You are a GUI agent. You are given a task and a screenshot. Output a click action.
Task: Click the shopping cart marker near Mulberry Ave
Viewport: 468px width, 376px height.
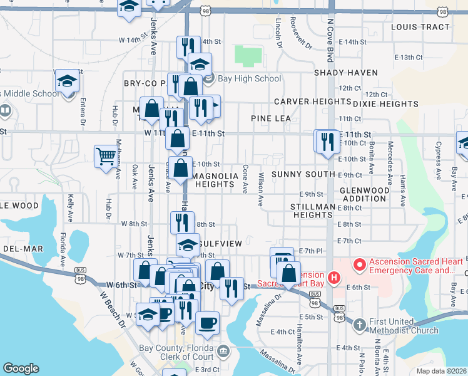(106, 157)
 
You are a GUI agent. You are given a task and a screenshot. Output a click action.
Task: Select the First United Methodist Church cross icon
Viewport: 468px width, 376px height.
(359, 324)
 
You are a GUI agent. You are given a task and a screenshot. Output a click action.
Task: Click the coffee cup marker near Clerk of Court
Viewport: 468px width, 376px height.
(207, 323)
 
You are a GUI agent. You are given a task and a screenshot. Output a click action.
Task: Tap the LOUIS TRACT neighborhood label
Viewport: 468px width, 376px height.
(420, 27)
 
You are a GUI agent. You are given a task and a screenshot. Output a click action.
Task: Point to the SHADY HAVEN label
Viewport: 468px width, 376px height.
(346, 73)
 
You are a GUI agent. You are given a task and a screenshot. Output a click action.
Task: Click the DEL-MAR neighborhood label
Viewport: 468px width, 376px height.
(23, 249)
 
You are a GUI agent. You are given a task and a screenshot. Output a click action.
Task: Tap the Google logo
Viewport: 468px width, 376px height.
(21, 368)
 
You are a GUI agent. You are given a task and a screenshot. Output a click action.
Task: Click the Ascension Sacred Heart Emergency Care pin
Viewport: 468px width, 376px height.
(359, 264)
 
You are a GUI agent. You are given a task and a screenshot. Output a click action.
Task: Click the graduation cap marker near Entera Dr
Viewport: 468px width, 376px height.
(67, 81)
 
